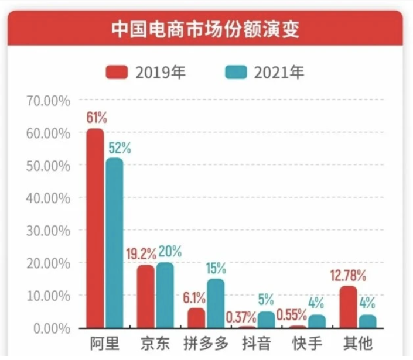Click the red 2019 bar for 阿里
[x=95, y=228]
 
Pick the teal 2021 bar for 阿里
[x=115, y=243]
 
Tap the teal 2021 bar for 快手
[x=317, y=321]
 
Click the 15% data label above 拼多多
[x=216, y=269]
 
